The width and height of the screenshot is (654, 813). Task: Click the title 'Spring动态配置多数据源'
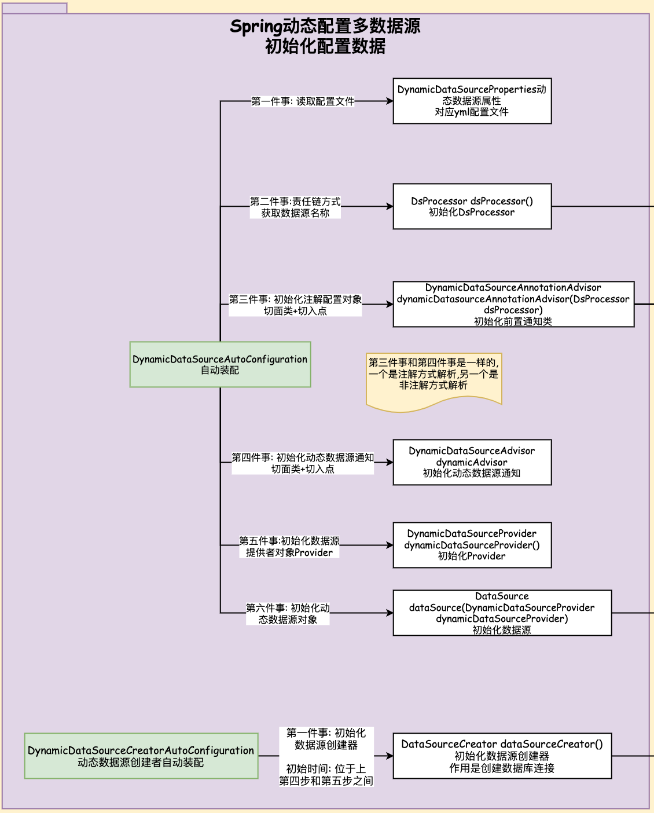[325, 27]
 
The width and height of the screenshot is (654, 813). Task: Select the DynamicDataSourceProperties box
[472, 101]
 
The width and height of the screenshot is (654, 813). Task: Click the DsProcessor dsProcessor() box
[472, 206]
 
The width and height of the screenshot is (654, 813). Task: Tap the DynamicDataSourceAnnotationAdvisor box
[513, 304]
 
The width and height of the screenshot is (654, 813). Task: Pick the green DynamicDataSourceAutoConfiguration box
[220, 364]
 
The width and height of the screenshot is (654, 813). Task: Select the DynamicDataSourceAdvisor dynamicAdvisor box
[472, 462]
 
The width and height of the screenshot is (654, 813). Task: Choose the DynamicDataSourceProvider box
[472, 545]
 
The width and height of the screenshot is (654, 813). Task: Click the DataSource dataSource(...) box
[502, 613]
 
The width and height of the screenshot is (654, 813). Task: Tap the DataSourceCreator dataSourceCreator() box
[502, 756]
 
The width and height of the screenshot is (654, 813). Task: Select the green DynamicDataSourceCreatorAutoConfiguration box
[141, 756]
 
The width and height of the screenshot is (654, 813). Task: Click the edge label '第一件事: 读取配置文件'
[303, 101]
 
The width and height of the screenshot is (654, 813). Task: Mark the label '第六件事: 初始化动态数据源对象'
[288, 613]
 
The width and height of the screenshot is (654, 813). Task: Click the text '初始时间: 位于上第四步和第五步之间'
[326, 774]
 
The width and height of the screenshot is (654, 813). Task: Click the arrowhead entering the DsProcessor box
[390, 206]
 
